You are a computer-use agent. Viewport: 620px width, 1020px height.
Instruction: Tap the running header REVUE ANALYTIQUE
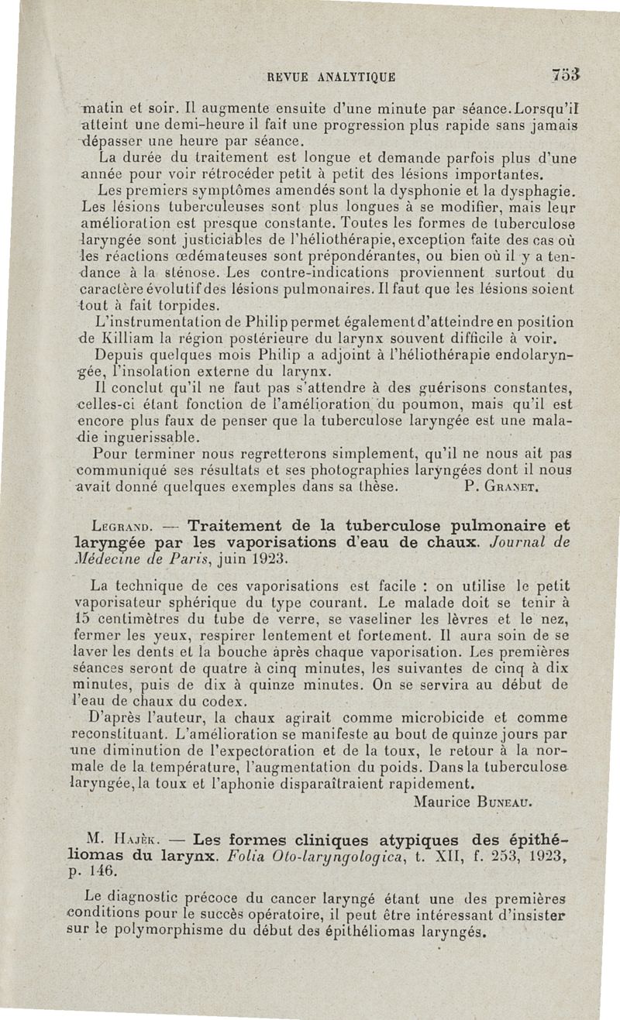click(331, 77)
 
